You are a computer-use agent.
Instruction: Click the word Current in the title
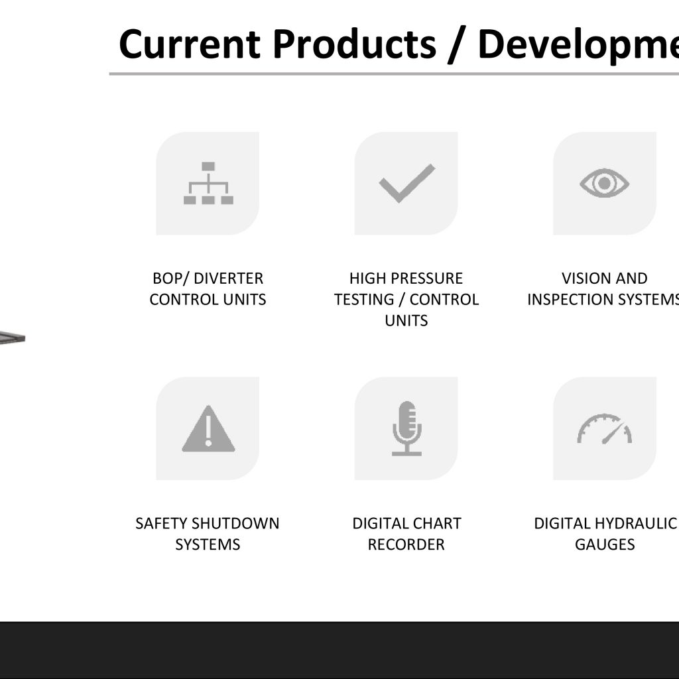(x=190, y=44)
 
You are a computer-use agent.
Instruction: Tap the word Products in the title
(x=355, y=44)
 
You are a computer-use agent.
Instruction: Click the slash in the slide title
(x=457, y=44)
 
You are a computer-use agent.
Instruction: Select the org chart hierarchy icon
(x=208, y=183)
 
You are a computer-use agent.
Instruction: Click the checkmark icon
(x=406, y=183)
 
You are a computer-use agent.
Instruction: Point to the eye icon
(x=605, y=183)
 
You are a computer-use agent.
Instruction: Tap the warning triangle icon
(x=208, y=428)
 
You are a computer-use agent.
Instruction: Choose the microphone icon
(x=406, y=428)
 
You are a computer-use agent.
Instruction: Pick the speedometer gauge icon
(x=605, y=429)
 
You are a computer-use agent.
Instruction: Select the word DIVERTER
(x=229, y=278)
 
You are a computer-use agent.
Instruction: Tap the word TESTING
(x=364, y=300)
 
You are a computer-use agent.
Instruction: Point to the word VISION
(x=587, y=278)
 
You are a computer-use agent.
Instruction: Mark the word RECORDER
(x=406, y=545)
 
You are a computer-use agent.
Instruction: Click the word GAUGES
(x=605, y=545)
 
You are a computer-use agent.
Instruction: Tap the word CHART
(x=436, y=524)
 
